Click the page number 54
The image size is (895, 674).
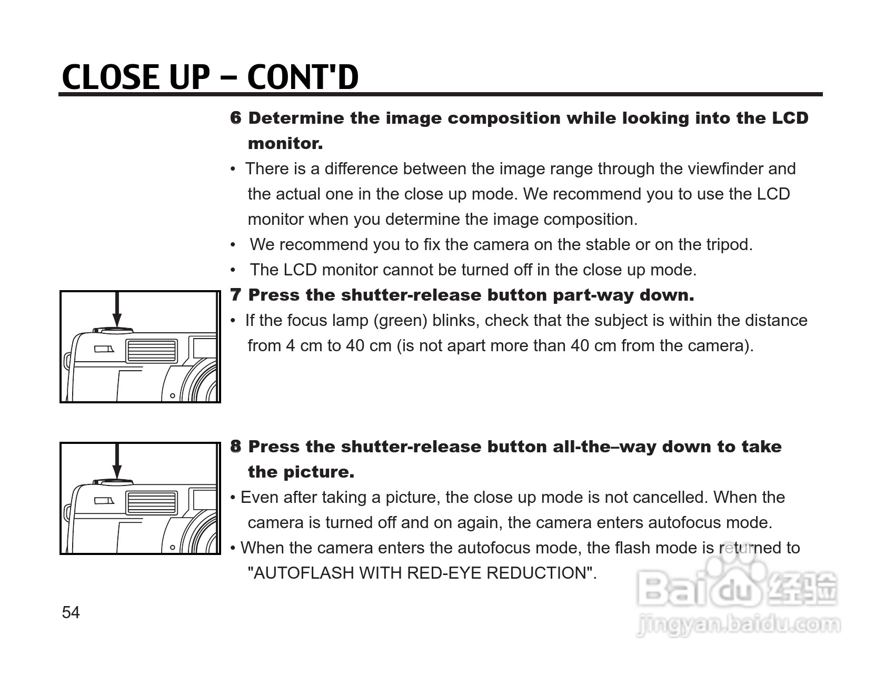(x=71, y=612)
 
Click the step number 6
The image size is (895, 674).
(x=236, y=118)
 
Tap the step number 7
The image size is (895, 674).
(x=236, y=295)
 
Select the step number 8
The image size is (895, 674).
(x=236, y=447)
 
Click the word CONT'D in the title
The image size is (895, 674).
(x=303, y=77)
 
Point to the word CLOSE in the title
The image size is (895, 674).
(x=111, y=77)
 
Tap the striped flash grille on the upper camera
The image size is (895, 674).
(x=151, y=351)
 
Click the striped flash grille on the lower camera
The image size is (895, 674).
(x=151, y=503)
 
